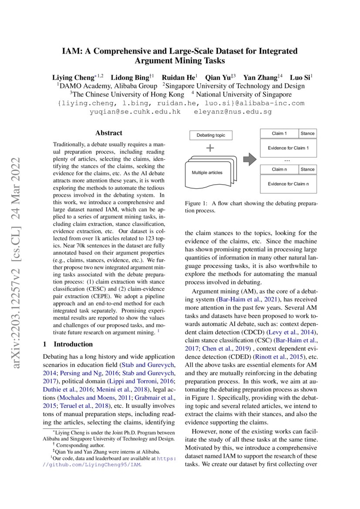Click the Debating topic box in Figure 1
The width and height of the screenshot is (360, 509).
[211, 135]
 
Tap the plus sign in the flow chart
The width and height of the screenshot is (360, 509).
[210, 148]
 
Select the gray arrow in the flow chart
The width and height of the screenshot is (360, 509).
[249, 159]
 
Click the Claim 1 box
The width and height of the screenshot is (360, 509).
[279, 133]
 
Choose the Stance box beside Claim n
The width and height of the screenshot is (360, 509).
[307, 169]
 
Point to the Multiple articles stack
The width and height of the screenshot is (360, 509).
[208, 173]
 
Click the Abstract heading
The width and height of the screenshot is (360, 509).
[109, 133]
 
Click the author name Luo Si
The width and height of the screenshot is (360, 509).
[300, 78]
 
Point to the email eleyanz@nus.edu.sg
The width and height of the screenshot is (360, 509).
[234, 112]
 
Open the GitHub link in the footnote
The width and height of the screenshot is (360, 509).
[96, 465]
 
